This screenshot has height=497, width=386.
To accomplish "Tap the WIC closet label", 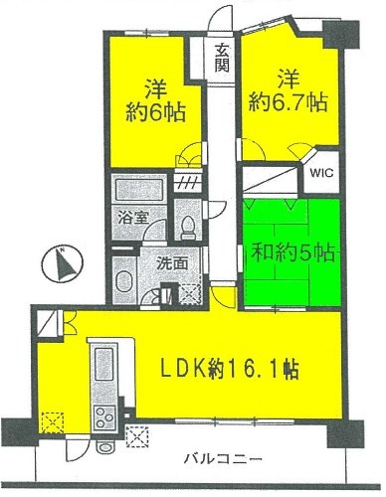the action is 321,173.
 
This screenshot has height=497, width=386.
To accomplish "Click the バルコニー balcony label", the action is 223,458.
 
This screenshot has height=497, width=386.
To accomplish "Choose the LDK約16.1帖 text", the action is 230,369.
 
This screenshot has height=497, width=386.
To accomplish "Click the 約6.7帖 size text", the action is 288,102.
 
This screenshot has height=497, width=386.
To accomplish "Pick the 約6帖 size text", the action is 155,112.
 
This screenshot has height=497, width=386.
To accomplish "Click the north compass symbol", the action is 62,264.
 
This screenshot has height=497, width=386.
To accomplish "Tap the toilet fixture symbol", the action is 188,228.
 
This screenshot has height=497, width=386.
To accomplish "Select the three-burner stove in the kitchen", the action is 104,416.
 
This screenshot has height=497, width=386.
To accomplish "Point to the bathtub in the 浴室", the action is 139,188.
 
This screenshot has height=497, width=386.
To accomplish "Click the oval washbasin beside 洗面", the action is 124,282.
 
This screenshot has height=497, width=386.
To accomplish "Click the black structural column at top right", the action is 340,35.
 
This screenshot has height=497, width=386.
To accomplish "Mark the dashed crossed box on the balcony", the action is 137,436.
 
